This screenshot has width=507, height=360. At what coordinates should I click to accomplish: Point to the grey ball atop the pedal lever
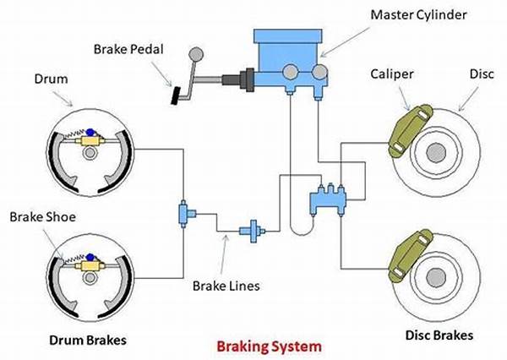[x=200, y=53]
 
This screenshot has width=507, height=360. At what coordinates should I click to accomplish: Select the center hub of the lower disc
[x=436, y=275]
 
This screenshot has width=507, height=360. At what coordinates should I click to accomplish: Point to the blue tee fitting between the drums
[x=183, y=212]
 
